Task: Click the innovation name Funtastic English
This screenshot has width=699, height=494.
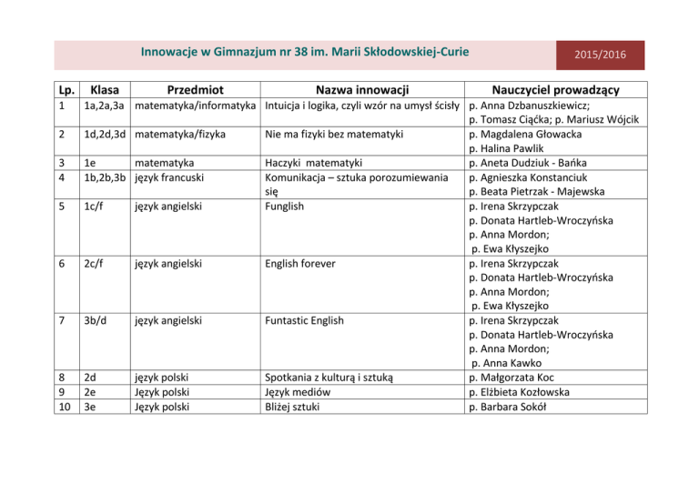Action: pyautogui.click(x=306, y=320)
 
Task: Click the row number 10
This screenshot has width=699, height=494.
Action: pyautogui.click(x=63, y=406)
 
